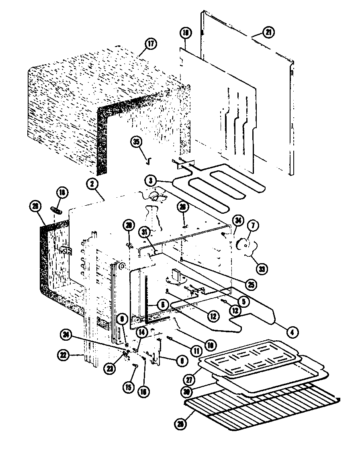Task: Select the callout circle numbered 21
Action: click(268, 32)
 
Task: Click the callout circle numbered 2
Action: click(92, 184)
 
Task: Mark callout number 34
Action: click(238, 220)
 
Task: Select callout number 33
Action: click(262, 268)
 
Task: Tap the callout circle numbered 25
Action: click(251, 285)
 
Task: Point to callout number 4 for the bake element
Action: click(292, 331)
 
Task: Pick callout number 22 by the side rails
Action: click(63, 355)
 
